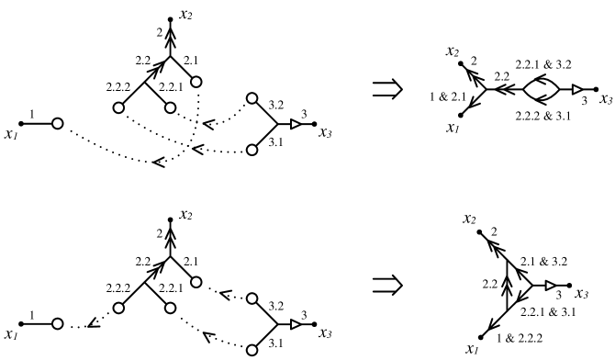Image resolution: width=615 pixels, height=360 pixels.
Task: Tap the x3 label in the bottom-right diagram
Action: coord(583,294)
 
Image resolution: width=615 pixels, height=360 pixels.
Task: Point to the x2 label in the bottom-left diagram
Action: coord(185,214)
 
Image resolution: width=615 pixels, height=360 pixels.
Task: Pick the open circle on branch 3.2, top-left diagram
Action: coord(253,102)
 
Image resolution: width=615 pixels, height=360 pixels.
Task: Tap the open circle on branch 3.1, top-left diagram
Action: coord(253,149)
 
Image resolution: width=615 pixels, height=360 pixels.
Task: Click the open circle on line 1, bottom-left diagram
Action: coord(57,324)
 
